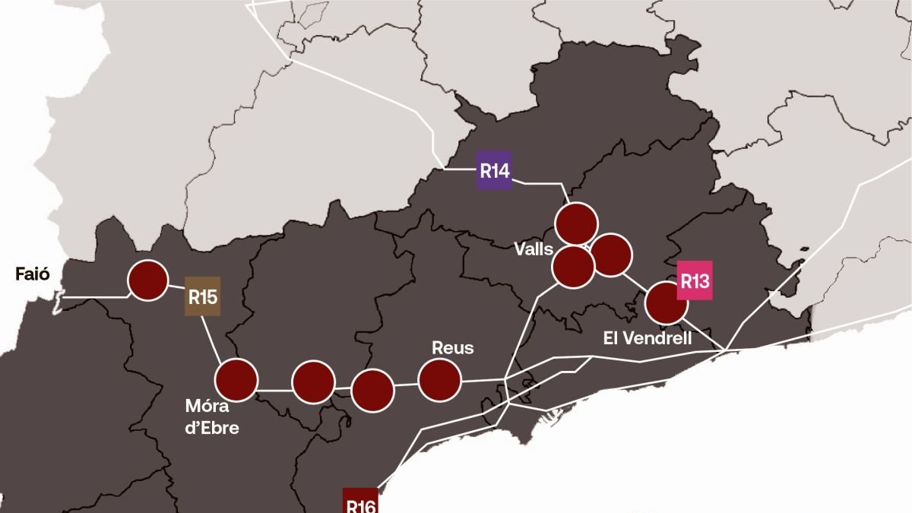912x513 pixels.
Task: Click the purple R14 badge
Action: (494, 171)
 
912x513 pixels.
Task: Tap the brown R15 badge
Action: (203, 296)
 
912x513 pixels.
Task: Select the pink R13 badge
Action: (694, 281)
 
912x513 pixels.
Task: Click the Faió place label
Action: (33, 274)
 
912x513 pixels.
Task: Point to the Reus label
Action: (452, 348)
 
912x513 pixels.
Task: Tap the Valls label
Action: (532, 249)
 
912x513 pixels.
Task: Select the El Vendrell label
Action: (648, 338)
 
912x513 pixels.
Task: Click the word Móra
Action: (207, 405)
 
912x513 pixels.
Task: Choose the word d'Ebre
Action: (212, 428)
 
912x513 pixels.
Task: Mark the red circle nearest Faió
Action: (147, 280)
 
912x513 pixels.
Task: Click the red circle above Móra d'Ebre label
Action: (237, 380)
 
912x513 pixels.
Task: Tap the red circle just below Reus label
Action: (440, 380)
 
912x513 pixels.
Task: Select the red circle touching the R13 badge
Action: (666, 302)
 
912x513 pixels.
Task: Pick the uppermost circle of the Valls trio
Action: (576, 223)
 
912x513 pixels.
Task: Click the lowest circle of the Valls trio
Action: (573, 268)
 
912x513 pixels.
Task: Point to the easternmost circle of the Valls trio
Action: (610, 255)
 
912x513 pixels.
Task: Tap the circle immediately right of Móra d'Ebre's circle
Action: (313, 382)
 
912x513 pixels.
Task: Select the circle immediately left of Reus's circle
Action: (373, 390)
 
